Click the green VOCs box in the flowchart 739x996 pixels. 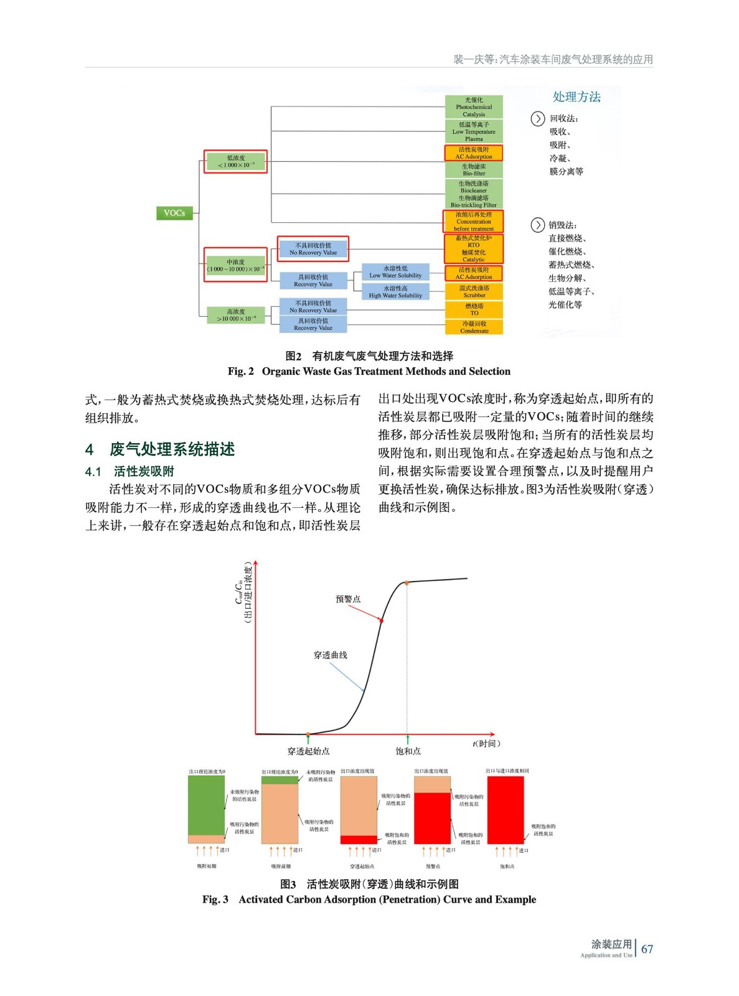coord(174,214)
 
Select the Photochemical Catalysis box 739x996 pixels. coord(474,107)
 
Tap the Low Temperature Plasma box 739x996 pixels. coord(474,132)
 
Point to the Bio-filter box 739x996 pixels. coord(474,170)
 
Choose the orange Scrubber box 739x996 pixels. coord(474,291)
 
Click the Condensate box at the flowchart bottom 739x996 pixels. coord(474,327)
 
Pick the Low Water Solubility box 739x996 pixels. coord(395,272)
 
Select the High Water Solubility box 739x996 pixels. coord(395,292)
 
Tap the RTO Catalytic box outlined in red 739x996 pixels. coord(474,248)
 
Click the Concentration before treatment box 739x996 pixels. coord(474,222)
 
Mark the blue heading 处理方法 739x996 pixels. coord(577,97)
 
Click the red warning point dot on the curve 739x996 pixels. coord(382,621)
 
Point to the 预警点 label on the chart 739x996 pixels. coord(348,599)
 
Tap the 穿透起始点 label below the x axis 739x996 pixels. coord(308,751)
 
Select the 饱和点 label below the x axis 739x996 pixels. coord(408,751)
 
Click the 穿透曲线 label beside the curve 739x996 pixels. coord(331,655)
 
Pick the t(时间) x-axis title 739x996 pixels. coord(486,743)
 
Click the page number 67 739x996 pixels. coord(647,949)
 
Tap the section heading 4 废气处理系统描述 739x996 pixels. coord(160,449)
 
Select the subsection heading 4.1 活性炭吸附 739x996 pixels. coord(129,472)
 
